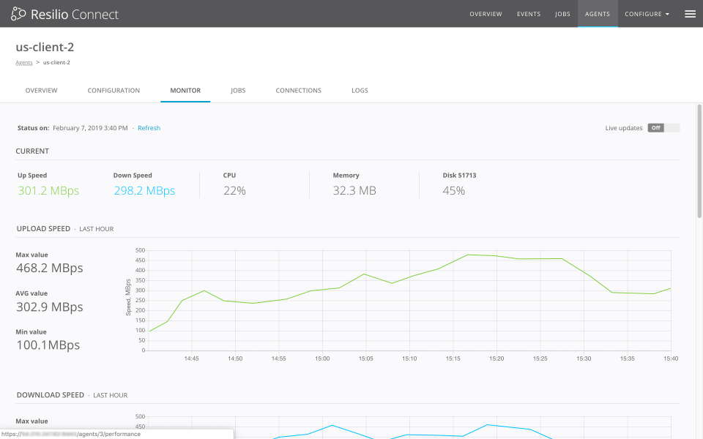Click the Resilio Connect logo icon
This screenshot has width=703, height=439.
coord(18,14)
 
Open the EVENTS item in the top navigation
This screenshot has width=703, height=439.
coord(529,14)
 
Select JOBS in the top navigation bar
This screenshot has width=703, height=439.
coord(562,14)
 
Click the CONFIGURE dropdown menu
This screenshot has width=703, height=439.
coord(647,14)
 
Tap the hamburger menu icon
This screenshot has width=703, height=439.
coord(690,14)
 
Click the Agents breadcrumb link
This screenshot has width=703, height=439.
coord(24,63)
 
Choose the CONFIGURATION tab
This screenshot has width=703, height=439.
coord(114,91)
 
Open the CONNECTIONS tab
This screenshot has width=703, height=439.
coord(298,91)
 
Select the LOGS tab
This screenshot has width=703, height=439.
coord(360,91)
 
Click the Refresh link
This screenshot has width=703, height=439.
coord(149,128)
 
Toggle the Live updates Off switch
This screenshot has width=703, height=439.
coord(663,128)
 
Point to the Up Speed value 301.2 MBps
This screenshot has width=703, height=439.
coord(48,191)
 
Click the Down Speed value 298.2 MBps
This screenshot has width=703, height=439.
coord(144,191)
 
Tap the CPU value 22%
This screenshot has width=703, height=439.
coord(234,191)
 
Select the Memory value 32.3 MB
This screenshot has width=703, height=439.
coord(354,191)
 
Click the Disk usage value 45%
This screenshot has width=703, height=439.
coord(454,191)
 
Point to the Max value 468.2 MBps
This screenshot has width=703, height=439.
coord(50,269)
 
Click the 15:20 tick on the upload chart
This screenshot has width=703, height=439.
coord(496,359)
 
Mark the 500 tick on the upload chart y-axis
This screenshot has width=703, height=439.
coord(141,250)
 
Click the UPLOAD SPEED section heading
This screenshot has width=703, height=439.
coord(43,229)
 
